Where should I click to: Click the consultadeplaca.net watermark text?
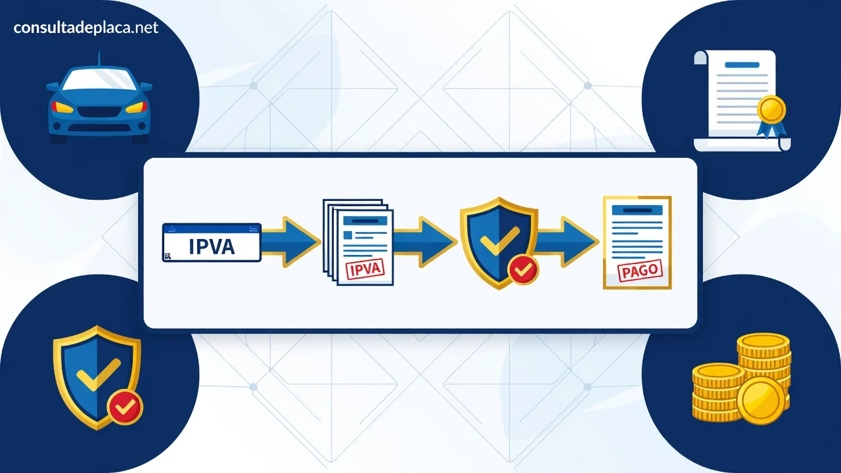click(x=85, y=28)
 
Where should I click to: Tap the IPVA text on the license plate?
click(x=212, y=246)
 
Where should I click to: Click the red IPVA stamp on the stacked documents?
click(x=365, y=269)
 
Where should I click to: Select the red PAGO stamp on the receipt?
click(x=640, y=271)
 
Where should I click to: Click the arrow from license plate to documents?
click(x=290, y=242)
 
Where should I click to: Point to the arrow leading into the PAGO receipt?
click(x=566, y=242)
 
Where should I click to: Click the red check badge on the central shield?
click(x=523, y=269)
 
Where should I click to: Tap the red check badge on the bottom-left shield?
click(x=125, y=407)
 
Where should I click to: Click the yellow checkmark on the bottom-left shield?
click(x=99, y=374)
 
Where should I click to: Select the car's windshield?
click(x=99, y=80)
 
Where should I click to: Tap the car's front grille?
click(x=99, y=112)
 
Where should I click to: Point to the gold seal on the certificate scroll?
click(x=771, y=110)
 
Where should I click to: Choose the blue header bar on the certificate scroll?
click(x=742, y=65)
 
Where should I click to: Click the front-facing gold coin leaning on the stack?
click(x=761, y=401)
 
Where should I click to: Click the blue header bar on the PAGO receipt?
click(x=637, y=210)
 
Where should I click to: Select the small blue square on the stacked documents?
click(x=348, y=235)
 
